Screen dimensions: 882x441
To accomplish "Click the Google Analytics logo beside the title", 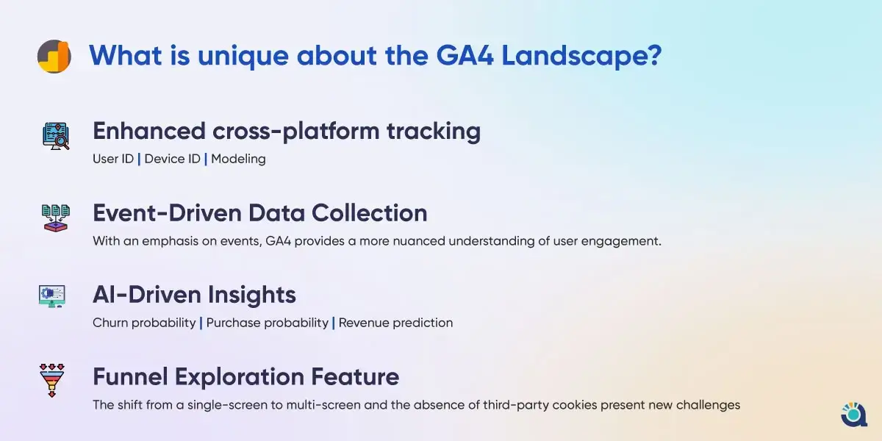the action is pyautogui.click(x=54, y=57).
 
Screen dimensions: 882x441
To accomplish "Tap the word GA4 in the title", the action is pyautogui.click(x=465, y=56).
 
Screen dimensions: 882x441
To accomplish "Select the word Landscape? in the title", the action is pyautogui.click(x=581, y=57).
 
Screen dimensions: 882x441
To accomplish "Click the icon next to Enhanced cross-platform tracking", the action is pyautogui.click(x=56, y=136).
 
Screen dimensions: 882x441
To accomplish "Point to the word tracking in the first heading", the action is pyautogui.click(x=434, y=132).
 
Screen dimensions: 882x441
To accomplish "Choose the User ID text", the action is pyautogui.click(x=113, y=159).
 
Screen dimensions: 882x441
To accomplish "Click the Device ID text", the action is pyautogui.click(x=172, y=159).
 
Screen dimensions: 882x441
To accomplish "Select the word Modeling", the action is pyautogui.click(x=238, y=159).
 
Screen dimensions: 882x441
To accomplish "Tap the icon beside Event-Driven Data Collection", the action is pyautogui.click(x=56, y=218).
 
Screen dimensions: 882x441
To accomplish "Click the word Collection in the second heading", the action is pyautogui.click(x=369, y=213).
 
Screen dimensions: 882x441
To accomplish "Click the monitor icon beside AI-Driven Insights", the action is pyautogui.click(x=52, y=296).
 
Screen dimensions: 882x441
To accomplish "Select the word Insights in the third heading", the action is pyautogui.click(x=252, y=295).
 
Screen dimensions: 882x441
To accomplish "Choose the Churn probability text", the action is pyautogui.click(x=144, y=323).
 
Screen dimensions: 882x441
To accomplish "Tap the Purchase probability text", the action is pyautogui.click(x=268, y=323).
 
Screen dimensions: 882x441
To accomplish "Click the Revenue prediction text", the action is pyautogui.click(x=395, y=323).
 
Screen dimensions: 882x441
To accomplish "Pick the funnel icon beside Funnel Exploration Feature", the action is pyautogui.click(x=52, y=381).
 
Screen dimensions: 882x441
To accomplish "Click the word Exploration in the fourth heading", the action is pyautogui.click(x=240, y=377).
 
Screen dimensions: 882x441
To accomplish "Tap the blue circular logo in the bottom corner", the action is pyautogui.click(x=853, y=415).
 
